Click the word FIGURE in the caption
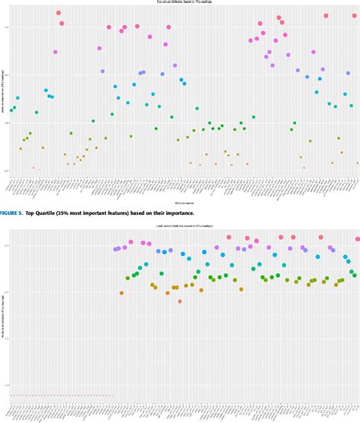[x=11, y=215]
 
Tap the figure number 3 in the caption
[x=26, y=215]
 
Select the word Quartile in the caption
[x=58, y=215]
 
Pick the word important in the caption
[x=123, y=215]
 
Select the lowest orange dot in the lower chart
[x=179, y=301]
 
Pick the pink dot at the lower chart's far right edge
[x=357, y=239]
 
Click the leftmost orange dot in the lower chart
[x=122, y=293]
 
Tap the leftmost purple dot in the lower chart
[x=115, y=249]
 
